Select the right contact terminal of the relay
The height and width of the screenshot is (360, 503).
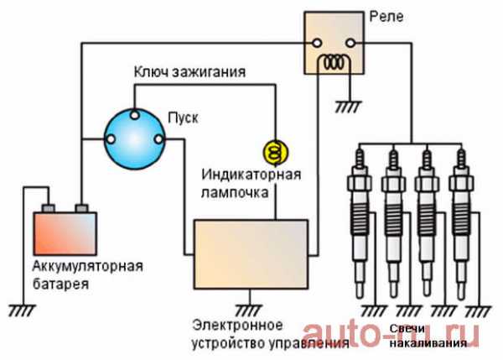[x=358, y=42]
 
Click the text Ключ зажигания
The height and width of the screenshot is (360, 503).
[x=189, y=71]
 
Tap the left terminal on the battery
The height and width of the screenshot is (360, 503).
[x=48, y=206]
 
